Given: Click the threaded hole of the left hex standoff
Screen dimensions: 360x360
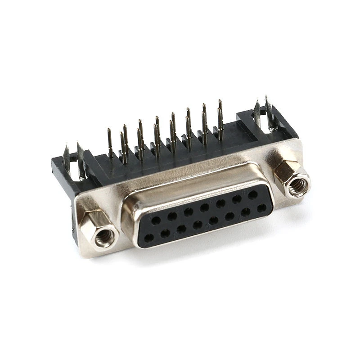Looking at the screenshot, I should tap(104, 236).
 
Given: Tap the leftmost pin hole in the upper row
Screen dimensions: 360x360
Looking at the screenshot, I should tap(156, 220).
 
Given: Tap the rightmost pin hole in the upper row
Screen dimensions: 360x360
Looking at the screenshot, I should tap(253, 194).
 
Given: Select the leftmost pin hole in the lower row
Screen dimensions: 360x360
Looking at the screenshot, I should tap(149, 237).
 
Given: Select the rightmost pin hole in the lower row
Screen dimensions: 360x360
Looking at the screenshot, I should tap(261, 208).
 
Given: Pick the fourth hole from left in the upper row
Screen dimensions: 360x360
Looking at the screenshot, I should tap(205, 207).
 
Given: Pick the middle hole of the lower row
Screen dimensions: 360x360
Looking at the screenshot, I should tap(198, 225).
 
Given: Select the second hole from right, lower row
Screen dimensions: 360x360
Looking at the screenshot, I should tap(246, 211).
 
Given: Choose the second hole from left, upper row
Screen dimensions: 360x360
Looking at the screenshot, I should tap(172, 216).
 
